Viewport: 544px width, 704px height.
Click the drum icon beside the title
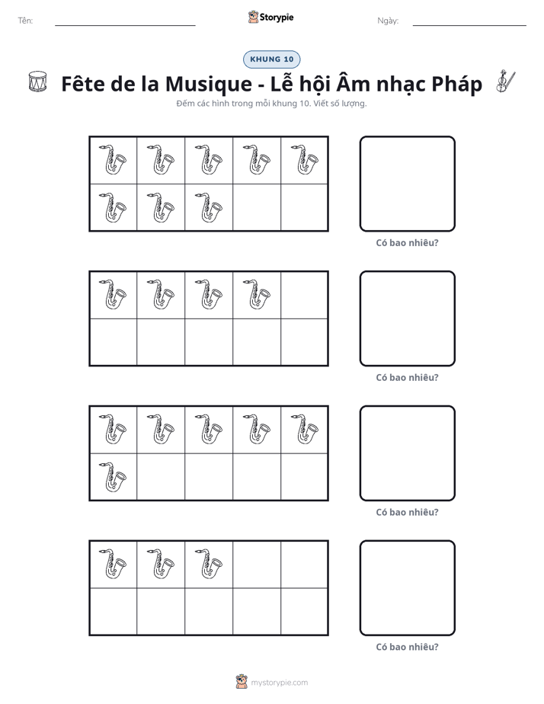coord(37,82)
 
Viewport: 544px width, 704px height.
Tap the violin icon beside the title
coord(506,82)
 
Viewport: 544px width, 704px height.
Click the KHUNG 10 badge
coord(271,59)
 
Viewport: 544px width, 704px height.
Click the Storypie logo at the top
coord(270,18)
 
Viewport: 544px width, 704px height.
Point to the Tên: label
coord(26,21)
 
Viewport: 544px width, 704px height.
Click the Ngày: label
coord(388,21)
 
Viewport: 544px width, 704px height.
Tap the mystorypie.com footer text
coord(279,683)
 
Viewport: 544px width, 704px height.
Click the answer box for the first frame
coord(407,184)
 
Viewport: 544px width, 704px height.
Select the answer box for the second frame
coord(407,318)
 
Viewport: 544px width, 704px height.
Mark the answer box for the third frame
coord(407,453)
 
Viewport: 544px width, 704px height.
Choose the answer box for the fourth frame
coord(407,587)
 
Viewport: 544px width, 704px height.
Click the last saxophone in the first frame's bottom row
coord(209,207)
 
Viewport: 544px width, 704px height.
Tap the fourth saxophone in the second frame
coord(257,295)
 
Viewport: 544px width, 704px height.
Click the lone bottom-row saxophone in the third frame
coord(113,476)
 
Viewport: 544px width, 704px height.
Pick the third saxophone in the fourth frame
coord(209,564)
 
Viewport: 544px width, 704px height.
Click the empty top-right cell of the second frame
coord(304,295)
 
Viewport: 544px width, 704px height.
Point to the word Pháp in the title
coord(457,85)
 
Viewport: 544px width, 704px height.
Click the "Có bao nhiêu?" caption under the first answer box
coord(407,243)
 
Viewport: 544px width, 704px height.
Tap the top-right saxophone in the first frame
coord(304,159)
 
